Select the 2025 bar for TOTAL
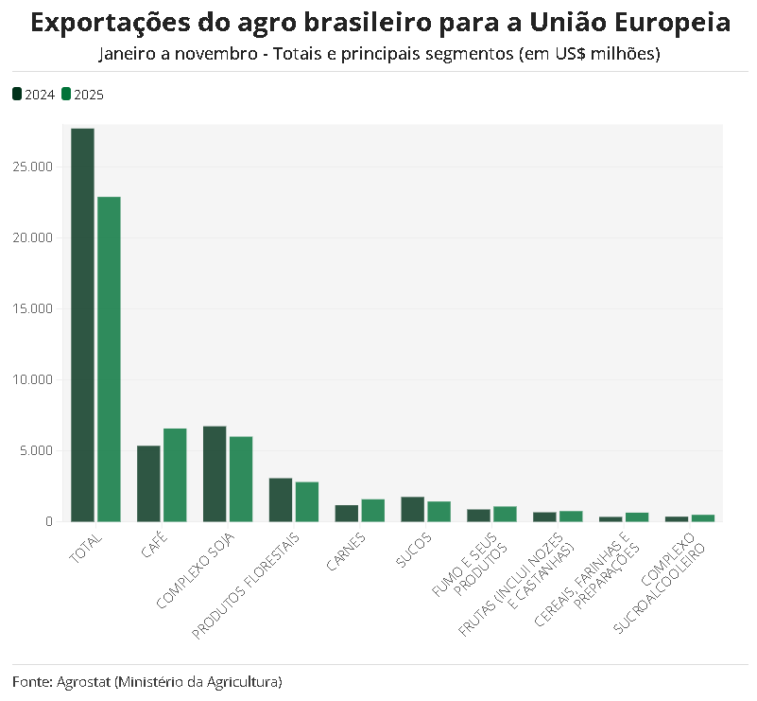(110, 359)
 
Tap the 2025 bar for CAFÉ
(175, 475)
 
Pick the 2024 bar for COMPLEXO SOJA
(215, 474)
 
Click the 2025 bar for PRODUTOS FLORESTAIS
(307, 501)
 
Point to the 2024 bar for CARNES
(347, 513)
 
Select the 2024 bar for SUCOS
(413, 509)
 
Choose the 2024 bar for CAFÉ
(148, 483)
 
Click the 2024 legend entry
(34, 95)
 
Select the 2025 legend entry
(82, 95)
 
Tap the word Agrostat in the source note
(83, 681)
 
